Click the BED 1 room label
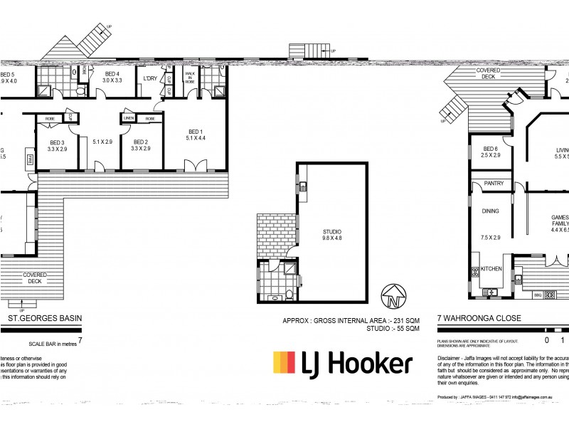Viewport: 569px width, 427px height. (196, 131)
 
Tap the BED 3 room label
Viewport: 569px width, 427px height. (57, 142)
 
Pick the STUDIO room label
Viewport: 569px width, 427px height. (332, 232)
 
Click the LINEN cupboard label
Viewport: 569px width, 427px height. (129, 118)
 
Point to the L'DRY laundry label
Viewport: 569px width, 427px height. (150, 78)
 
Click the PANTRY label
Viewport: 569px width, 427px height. (493, 184)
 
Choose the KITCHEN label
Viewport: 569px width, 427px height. (491, 269)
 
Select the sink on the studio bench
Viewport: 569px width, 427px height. (302, 188)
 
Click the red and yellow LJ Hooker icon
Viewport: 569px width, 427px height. (284, 363)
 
